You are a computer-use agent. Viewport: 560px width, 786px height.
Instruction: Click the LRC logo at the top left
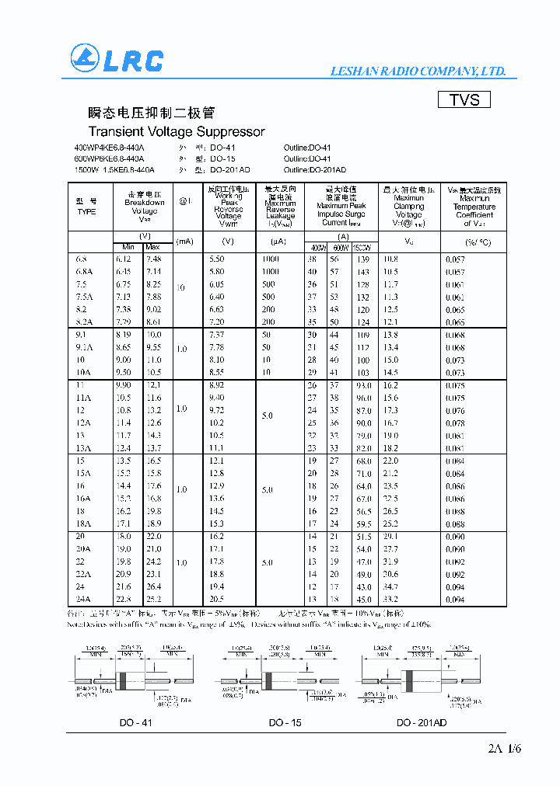117,60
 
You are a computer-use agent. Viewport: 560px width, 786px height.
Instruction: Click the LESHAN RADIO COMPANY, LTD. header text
418,71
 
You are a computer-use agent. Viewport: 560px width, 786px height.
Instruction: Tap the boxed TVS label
464,100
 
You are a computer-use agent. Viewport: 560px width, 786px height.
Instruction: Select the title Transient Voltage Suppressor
177,132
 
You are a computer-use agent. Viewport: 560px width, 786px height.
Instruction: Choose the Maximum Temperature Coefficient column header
474,207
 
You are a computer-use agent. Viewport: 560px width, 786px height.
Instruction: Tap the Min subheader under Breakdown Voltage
128,247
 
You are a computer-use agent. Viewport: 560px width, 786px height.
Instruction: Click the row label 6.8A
84,272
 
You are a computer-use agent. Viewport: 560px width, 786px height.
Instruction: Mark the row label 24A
84,599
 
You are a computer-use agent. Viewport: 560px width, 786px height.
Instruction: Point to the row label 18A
84,523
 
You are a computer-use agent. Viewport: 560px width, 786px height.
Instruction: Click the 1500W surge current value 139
363,259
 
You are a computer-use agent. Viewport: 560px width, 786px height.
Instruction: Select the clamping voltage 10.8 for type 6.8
390,259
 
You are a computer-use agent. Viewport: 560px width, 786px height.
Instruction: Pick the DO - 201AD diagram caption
422,722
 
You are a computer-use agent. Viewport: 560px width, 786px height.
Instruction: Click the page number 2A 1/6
504,749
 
